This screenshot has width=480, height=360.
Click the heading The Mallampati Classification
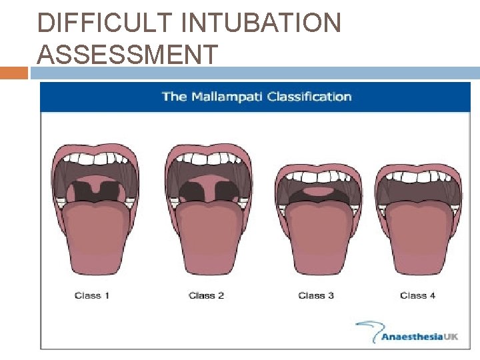(x=257, y=97)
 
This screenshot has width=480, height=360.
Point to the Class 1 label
(x=92, y=295)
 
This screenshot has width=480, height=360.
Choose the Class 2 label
(x=206, y=295)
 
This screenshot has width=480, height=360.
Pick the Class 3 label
(x=316, y=295)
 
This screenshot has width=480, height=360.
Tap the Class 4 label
(x=417, y=295)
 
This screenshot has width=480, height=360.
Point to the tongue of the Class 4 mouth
(x=418, y=237)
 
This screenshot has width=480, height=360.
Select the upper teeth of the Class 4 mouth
(x=418, y=177)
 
